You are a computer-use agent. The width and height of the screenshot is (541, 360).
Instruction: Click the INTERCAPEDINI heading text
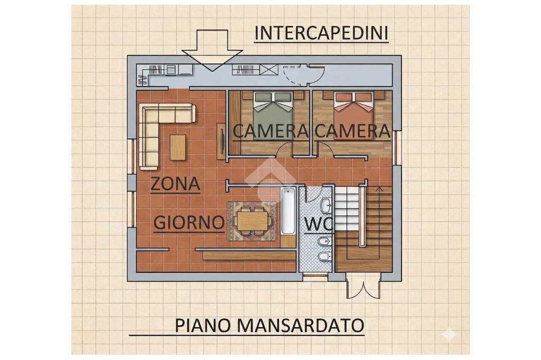[x=322, y=33]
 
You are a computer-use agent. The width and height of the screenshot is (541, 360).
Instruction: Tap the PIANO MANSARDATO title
[x=270, y=325]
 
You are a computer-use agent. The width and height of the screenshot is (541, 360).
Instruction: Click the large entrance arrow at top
[x=212, y=50]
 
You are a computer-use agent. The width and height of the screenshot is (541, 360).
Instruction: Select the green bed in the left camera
[x=273, y=115]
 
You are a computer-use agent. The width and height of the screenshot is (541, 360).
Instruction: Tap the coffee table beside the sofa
[x=178, y=147]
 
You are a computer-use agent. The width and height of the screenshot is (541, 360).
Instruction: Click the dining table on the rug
[x=253, y=221]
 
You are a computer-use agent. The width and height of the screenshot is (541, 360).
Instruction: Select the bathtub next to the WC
[x=288, y=211]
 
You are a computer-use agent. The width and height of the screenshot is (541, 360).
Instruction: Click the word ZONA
[x=175, y=184]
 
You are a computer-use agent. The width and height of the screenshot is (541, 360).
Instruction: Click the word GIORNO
[x=189, y=223]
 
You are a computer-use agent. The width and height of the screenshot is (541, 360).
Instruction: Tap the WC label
[x=318, y=224]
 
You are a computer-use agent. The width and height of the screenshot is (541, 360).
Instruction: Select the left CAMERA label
[x=270, y=131]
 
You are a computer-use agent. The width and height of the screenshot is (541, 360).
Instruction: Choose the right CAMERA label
[x=352, y=131]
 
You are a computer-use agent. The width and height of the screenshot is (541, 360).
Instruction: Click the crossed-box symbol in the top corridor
[x=269, y=69]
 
